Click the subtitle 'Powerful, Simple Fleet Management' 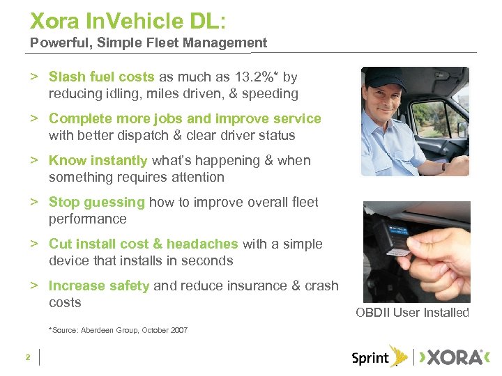pyautogui.click(x=149, y=43)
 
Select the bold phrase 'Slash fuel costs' pyautogui.click(x=102, y=77)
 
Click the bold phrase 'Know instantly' pyautogui.click(x=98, y=160)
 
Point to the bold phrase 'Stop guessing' pyautogui.click(x=97, y=202)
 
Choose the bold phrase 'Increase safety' pyautogui.click(x=99, y=285)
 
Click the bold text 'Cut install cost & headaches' pyautogui.click(x=144, y=244)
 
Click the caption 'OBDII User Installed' pyautogui.click(x=412, y=313)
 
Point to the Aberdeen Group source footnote pyautogui.click(x=118, y=330)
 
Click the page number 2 pyautogui.click(x=27, y=357)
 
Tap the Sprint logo pyautogui.click(x=379, y=357)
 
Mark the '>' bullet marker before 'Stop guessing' pyautogui.click(x=33, y=203)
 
